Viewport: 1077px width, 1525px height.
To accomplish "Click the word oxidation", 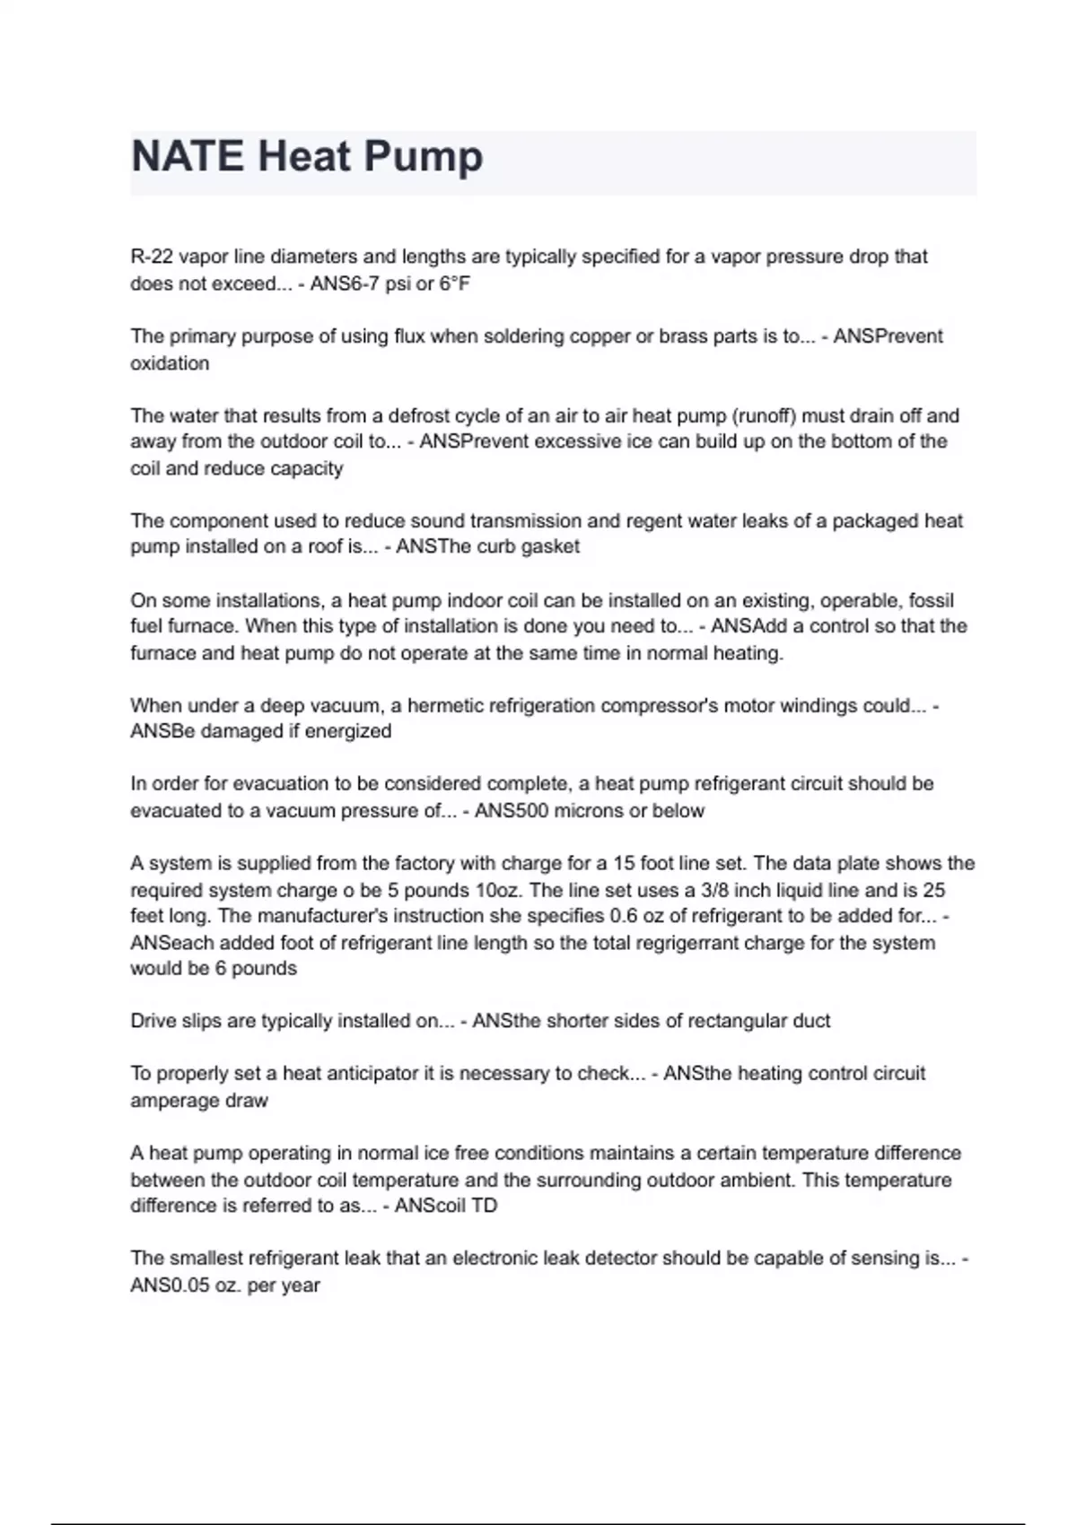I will click(x=170, y=363).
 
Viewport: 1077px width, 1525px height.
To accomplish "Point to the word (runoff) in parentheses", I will click(x=763, y=415).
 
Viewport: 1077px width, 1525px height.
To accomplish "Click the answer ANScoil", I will click(x=429, y=1206).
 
